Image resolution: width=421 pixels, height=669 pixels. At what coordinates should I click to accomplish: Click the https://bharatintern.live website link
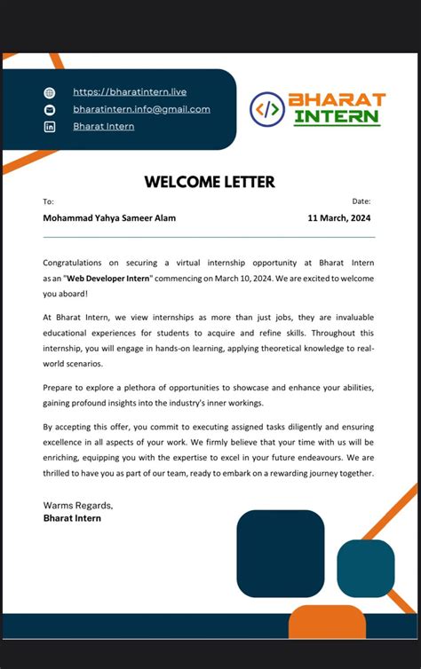[x=130, y=91]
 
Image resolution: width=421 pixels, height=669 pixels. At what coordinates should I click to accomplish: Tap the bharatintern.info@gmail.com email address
[x=141, y=109]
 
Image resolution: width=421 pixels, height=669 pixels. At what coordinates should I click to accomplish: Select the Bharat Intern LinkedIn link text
[x=104, y=126]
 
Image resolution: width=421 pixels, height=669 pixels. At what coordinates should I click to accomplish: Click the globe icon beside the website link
[x=50, y=92]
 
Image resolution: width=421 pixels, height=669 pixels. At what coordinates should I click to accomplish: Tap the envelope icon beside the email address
[x=50, y=109]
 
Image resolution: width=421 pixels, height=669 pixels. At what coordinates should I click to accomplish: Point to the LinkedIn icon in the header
[x=50, y=127]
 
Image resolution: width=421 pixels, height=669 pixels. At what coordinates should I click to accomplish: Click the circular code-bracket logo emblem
[x=267, y=109]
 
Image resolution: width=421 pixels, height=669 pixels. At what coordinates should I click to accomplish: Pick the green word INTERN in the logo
[x=337, y=117]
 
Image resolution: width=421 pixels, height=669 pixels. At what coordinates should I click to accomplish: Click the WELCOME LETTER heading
[x=210, y=182]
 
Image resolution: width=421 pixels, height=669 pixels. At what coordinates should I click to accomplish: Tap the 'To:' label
[x=48, y=202]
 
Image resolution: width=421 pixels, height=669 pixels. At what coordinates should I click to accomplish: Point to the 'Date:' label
[x=361, y=202]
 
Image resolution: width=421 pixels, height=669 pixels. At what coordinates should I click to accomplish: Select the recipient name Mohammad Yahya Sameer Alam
[x=109, y=218]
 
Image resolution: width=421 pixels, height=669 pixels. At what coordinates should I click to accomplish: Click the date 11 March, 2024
[x=339, y=218]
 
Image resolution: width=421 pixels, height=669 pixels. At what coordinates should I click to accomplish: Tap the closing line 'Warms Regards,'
[x=78, y=505]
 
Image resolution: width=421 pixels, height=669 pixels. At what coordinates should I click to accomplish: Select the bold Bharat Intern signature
[x=72, y=518]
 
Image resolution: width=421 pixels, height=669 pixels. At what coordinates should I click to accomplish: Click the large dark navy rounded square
[x=280, y=553]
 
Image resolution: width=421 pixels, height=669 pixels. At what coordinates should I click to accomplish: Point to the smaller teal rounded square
[x=365, y=568]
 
